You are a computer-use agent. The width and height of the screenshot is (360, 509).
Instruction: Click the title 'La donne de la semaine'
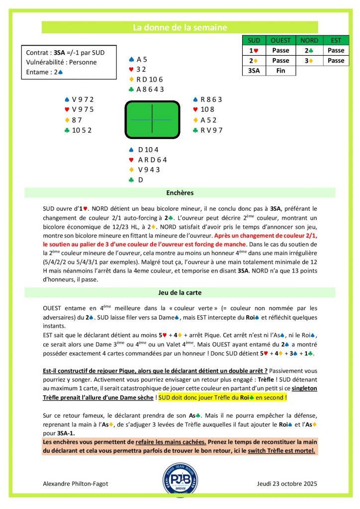tap(180, 28)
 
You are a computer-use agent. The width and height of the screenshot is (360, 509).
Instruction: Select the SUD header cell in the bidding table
tap(254, 40)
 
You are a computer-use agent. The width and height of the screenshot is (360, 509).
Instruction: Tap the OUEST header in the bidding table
tap(281, 40)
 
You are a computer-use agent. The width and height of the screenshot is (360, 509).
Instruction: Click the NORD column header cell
tap(309, 40)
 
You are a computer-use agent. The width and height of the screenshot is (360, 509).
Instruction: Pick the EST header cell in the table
tap(336, 40)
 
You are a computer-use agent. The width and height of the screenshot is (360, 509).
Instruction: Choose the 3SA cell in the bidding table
tap(254, 71)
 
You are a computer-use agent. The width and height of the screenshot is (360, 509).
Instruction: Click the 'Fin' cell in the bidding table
tap(281, 71)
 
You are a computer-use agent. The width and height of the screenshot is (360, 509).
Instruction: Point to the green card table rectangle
tap(151, 120)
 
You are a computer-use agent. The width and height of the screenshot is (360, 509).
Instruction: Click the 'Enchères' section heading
tap(180, 192)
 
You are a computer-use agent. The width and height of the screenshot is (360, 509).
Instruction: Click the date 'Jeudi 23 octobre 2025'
tap(287, 483)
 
